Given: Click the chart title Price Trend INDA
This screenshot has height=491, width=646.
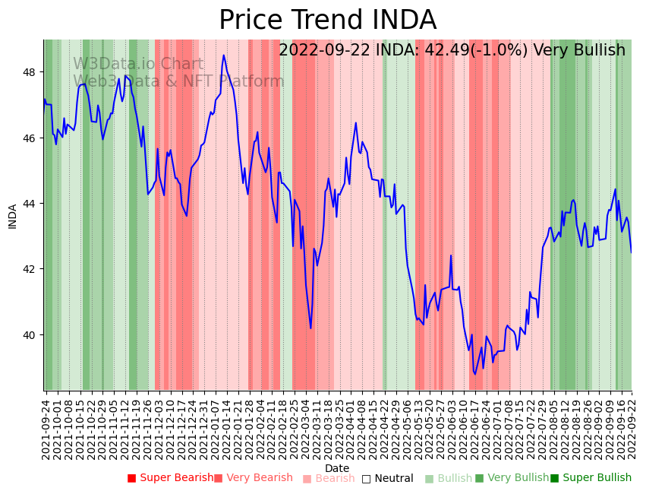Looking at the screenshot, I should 327,21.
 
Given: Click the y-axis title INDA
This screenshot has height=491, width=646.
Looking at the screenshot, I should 13,216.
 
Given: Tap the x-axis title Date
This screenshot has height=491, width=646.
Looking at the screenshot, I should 337,468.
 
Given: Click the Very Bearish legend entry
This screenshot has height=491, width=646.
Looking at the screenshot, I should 254,478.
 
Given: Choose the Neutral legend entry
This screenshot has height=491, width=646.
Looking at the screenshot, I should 387,479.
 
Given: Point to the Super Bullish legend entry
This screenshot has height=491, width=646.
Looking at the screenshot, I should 591,478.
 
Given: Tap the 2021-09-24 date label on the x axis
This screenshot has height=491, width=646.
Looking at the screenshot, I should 46,429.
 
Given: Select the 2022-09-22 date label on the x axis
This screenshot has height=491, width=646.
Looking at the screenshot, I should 630,429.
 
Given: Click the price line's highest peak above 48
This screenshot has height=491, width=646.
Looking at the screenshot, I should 224,55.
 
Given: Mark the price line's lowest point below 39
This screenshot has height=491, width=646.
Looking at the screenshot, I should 475,374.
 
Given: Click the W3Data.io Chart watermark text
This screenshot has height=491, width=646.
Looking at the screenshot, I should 138,65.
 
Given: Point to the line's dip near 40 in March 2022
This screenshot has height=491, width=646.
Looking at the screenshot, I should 310,328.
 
